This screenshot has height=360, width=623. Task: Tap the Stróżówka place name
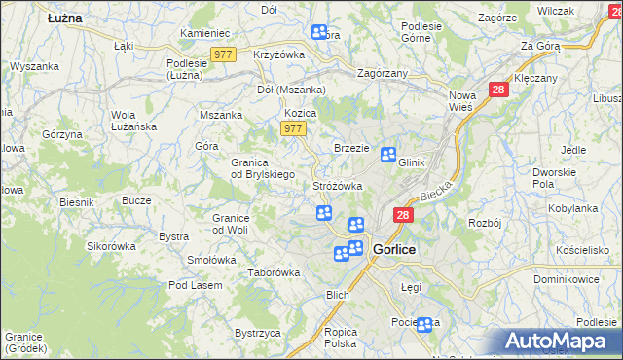(338, 185)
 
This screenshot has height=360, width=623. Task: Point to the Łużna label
(64, 18)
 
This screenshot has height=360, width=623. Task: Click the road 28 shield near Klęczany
(498, 89)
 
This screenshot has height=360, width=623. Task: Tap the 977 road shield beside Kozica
(292, 128)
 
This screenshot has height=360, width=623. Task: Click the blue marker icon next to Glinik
(388, 154)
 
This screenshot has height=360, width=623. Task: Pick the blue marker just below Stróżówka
(323, 213)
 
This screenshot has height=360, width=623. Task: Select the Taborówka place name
(274, 272)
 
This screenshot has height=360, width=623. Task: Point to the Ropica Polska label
(341, 337)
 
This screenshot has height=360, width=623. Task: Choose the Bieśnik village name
(76, 202)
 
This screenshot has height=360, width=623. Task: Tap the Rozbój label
(484, 223)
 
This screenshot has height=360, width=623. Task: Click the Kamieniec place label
(204, 33)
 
